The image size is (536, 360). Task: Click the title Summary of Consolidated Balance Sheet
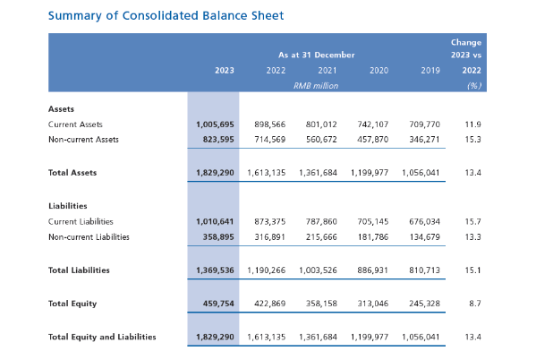pyautogui.click(x=166, y=16)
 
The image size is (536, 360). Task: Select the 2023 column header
pyautogui.click(x=225, y=71)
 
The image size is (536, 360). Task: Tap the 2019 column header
pyautogui.click(x=430, y=71)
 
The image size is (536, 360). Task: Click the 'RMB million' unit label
pyautogui.click(x=316, y=86)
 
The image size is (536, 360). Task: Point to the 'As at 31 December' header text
pyautogui.click(x=316, y=55)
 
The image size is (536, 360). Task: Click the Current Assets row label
pyautogui.click(x=75, y=124)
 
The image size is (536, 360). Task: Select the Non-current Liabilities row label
pyautogui.click(x=89, y=236)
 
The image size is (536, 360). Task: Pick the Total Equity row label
pyautogui.click(x=72, y=304)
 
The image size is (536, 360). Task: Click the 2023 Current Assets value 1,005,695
pyautogui.click(x=215, y=124)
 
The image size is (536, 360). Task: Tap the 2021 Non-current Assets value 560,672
pyautogui.click(x=321, y=140)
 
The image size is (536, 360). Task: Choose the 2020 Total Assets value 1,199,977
pyautogui.click(x=370, y=173)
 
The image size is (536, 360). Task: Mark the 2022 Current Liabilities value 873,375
pyautogui.click(x=269, y=222)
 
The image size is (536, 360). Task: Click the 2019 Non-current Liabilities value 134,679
pyautogui.click(x=424, y=236)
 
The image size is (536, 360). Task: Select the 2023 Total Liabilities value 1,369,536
pyautogui.click(x=215, y=270)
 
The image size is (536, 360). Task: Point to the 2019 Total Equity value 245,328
pyautogui.click(x=424, y=304)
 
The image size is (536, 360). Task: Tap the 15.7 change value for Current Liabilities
pyautogui.click(x=472, y=222)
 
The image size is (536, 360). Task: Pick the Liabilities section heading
pyautogui.click(x=68, y=206)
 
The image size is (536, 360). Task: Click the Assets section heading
pyautogui.click(x=61, y=109)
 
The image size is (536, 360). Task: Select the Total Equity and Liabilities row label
pyautogui.click(x=102, y=337)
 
